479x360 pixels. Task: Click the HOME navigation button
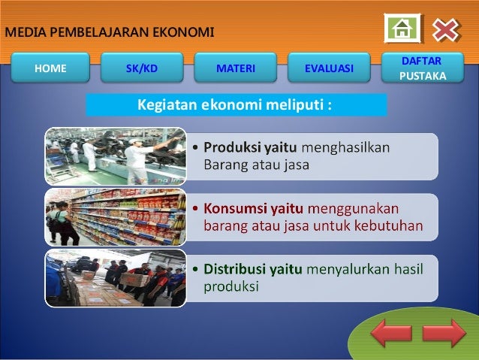point(50,68)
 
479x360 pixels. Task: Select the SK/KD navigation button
point(142,68)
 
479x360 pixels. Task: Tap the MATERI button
point(236,68)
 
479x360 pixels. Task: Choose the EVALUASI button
point(329,68)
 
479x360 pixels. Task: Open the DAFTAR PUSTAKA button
point(422,68)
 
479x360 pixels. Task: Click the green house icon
point(403,29)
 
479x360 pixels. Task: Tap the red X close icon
point(445,29)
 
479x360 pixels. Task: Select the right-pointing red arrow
point(444,333)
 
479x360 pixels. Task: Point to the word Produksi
point(230,147)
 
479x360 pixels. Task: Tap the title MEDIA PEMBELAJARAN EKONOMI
point(110,32)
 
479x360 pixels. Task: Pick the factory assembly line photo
point(115,156)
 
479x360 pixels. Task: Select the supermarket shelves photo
point(115,216)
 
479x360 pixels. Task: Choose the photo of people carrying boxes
point(115,277)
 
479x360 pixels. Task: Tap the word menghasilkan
point(345,147)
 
